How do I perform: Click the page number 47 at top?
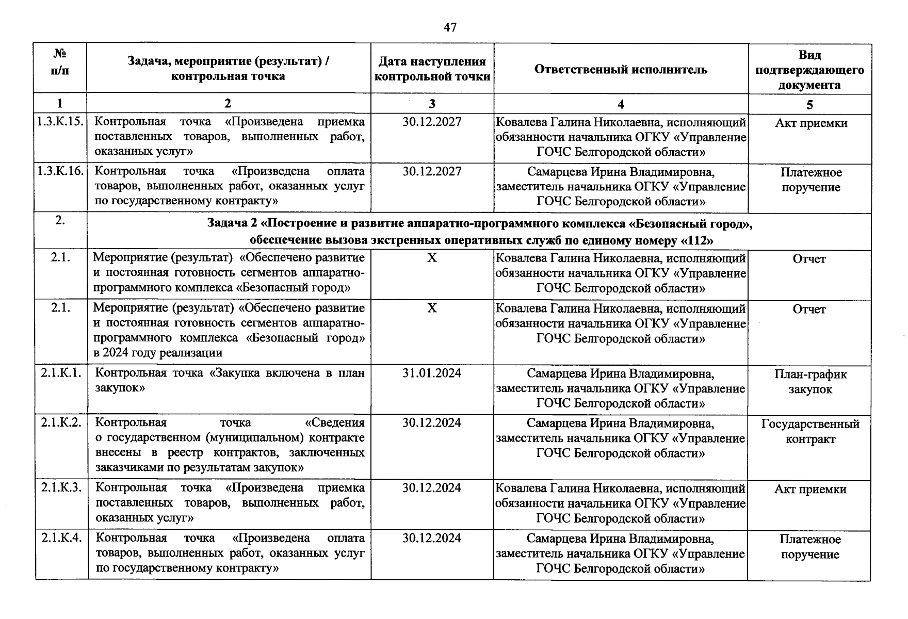tap(450, 27)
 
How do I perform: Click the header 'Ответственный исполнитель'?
tap(621, 70)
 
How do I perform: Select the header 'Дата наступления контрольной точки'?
tap(432, 69)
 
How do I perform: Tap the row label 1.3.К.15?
tap(60, 122)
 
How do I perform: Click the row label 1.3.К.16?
tap(60, 171)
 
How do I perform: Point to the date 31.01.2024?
tap(432, 373)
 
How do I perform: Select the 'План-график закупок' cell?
tap(810, 382)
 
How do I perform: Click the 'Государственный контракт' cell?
tap(810, 431)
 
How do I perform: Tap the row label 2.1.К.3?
tap(61, 487)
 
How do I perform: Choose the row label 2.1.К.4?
tap(61, 537)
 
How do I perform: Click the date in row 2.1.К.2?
tap(432, 423)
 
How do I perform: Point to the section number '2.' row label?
tap(60, 220)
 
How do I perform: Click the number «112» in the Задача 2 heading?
tap(697, 240)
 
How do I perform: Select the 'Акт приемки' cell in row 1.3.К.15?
tap(810, 123)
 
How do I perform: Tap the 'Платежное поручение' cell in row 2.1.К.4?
tap(810, 547)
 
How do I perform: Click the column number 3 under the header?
tap(432, 104)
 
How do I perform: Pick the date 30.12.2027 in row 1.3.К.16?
tap(432, 171)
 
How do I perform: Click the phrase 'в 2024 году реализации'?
tap(158, 353)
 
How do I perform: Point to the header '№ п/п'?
tap(60, 62)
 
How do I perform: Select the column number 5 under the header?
tap(809, 105)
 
